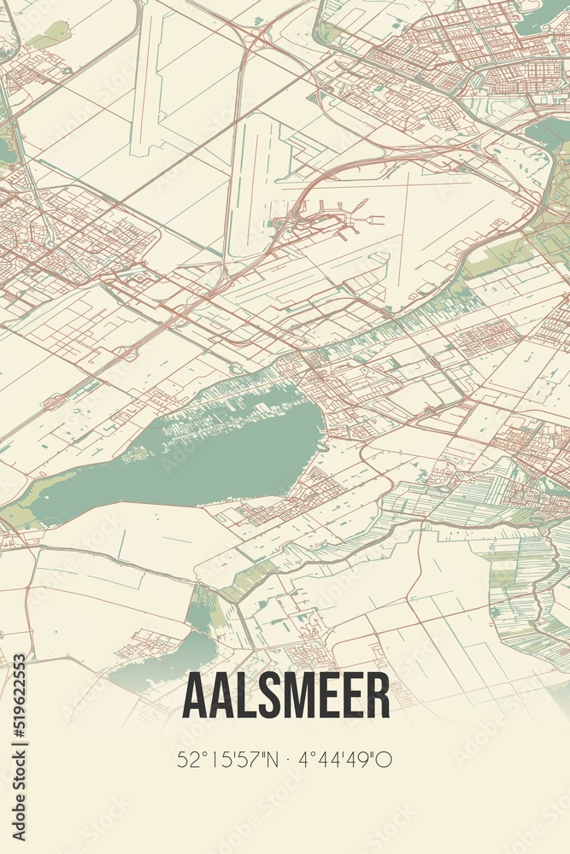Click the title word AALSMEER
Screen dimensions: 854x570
(x=285, y=695)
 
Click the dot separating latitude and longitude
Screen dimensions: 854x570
(x=285, y=758)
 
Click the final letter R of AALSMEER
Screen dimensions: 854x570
(x=379, y=695)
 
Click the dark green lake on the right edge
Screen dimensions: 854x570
(x=547, y=132)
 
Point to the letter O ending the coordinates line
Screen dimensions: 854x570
(x=386, y=758)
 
